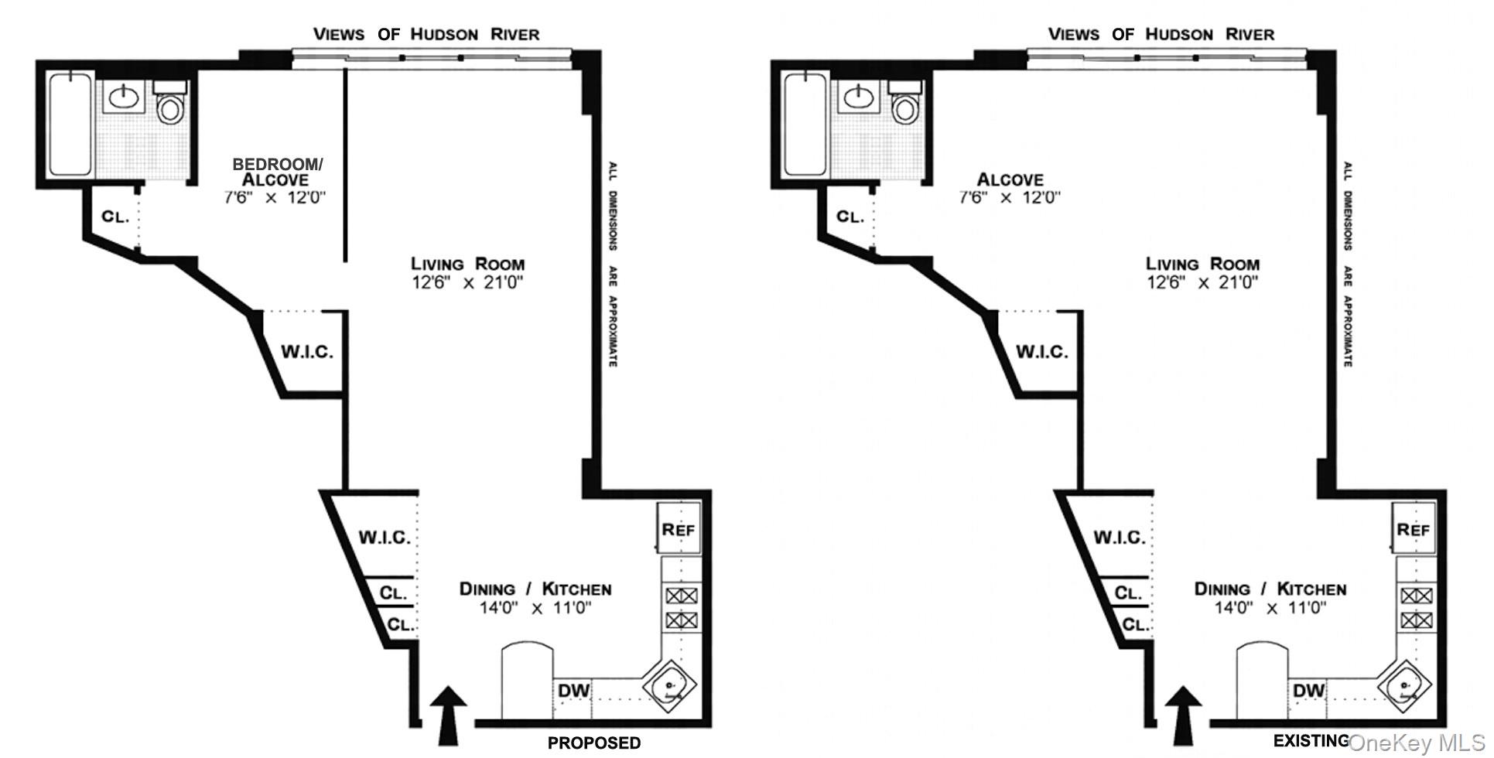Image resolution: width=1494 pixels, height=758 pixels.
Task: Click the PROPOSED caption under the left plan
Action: click(x=594, y=743)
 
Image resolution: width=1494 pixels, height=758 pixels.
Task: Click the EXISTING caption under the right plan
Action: click(x=1311, y=741)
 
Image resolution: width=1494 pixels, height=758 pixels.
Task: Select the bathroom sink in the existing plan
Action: click(x=857, y=97)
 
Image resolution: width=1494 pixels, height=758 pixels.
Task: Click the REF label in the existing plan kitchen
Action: click(x=1414, y=530)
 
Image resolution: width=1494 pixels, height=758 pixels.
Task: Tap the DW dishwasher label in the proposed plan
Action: click(x=573, y=690)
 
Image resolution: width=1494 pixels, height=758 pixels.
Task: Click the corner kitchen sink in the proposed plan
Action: click(x=670, y=686)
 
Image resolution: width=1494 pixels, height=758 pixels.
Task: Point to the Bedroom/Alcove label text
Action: click(x=277, y=172)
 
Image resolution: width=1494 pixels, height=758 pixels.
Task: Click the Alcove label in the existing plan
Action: click(x=1010, y=179)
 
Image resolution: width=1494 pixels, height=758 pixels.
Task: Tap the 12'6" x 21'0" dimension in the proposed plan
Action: click(x=467, y=282)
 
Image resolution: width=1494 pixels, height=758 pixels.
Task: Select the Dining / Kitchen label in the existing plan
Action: click(x=1270, y=589)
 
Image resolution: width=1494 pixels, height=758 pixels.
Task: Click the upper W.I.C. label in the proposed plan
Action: click(x=306, y=352)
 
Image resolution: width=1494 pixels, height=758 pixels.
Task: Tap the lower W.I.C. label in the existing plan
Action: click(x=1119, y=537)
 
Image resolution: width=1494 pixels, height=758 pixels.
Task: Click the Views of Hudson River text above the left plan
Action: click(x=426, y=34)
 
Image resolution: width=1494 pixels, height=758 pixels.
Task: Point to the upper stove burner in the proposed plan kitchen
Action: click(x=682, y=596)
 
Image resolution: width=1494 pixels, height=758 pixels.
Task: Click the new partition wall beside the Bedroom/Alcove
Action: click(x=345, y=166)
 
